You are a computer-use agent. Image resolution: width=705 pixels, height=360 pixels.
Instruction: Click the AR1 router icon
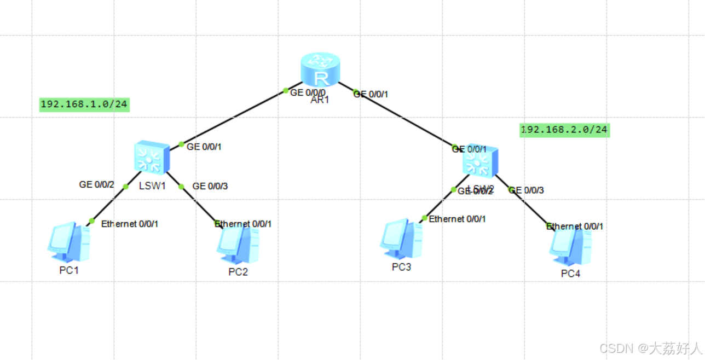click(x=320, y=70)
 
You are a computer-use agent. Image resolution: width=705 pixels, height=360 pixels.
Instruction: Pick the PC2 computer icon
click(x=238, y=243)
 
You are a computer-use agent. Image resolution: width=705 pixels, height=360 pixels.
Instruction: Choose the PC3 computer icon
click(x=401, y=240)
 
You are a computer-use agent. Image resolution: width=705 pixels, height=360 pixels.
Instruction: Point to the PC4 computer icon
click(x=570, y=247)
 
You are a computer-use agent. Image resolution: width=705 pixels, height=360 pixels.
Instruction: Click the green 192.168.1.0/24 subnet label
click(x=85, y=104)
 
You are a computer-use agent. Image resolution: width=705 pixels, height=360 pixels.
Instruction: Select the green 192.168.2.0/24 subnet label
click(x=564, y=130)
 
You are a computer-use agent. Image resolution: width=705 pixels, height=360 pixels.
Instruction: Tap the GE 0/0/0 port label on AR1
click(x=308, y=93)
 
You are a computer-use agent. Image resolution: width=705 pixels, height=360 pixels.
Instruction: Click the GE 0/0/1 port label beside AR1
click(x=371, y=94)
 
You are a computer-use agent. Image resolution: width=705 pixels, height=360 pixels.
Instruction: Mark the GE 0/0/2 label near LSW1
click(x=97, y=185)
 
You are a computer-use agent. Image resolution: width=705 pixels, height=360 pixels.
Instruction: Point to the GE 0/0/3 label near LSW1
click(x=210, y=186)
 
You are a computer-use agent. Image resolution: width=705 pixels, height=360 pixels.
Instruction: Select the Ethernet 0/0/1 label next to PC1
click(x=130, y=223)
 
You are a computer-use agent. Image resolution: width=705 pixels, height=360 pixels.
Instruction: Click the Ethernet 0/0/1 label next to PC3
click(x=457, y=219)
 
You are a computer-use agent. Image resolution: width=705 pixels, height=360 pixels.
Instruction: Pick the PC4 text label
click(x=570, y=274)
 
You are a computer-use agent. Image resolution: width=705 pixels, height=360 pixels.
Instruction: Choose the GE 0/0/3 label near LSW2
click(x=527, y=190)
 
